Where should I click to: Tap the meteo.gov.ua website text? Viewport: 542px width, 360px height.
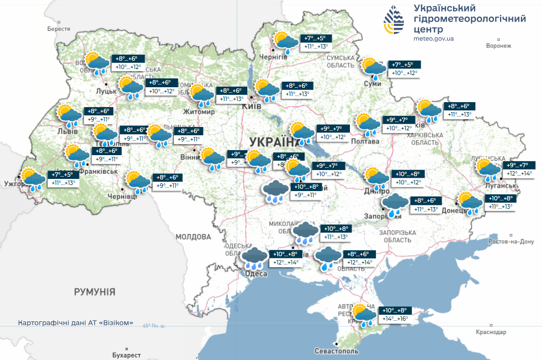[433, 39]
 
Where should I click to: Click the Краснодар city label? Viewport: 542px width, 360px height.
[490, 332]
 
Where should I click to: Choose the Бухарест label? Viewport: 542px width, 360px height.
[125, 354]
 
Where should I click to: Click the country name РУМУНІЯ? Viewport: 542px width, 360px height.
[94, 291]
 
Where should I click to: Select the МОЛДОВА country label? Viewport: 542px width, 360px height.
[193, 237]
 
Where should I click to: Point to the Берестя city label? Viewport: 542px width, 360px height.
[60, 28]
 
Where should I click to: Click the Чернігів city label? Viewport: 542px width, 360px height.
[273, 57]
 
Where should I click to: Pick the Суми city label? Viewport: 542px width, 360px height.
[373, 83]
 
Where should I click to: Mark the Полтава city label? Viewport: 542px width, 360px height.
[365, 141]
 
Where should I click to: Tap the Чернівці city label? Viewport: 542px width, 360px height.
[120, 197]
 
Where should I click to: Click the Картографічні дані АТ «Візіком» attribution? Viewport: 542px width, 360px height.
[76, 322]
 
